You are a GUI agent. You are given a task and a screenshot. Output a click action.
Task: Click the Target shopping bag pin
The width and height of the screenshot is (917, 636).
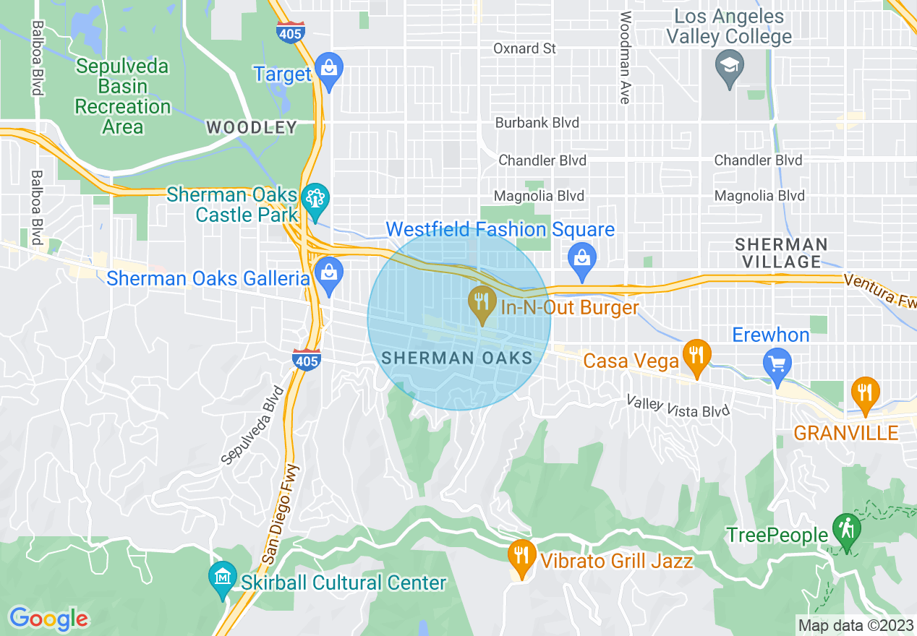(x=329, y=70)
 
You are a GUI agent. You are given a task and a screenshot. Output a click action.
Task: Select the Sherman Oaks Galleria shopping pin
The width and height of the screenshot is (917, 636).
(x=329, y=275)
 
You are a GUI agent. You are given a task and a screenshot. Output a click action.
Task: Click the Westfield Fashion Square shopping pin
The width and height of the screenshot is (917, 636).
(x=582, y=260)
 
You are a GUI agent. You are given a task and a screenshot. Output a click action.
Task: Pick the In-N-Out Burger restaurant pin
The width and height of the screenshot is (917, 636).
(x=481, y=303)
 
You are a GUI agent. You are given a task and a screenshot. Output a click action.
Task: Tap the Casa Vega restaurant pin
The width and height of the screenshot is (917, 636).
(x=696, y=357)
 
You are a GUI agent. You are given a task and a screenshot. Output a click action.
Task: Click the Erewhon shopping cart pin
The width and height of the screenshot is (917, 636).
(x=777, y=365)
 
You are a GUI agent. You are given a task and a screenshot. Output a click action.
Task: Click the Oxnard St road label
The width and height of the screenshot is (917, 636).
(x=524, y=48)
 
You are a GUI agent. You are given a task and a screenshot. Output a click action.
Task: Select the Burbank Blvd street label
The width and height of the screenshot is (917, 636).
(x=537, y=123)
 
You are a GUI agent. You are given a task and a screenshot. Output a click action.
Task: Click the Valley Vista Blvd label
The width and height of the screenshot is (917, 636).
(x=678, y=406)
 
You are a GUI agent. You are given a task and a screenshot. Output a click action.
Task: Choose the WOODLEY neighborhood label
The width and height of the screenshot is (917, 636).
(x=252, y=128)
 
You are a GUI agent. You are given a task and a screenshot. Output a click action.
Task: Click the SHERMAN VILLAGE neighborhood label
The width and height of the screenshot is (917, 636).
(x=780, y=252)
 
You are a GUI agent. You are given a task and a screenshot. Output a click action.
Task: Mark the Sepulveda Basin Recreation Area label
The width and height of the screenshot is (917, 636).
(x=123, y=96)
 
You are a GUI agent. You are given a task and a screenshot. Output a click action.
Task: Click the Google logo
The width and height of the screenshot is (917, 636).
(x=48, y=619)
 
